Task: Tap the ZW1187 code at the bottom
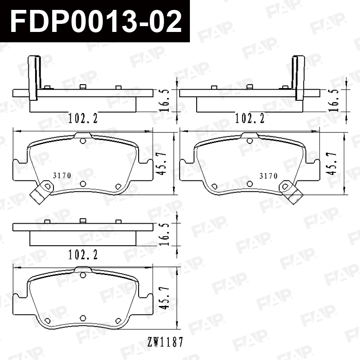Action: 165,342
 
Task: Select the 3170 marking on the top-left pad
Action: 62,175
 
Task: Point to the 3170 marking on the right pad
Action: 269,176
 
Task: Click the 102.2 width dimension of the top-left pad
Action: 83,118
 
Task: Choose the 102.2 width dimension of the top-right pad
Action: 250,118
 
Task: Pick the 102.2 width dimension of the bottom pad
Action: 83,255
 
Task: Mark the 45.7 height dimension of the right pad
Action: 333,163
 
